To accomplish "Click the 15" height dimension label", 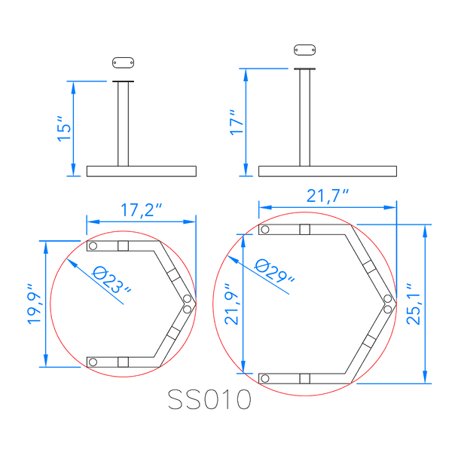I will pyautogui.click(x=64, y=129).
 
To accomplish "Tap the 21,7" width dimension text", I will pyautogui.click(x=328, y=195).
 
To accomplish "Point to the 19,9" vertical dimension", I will pyautogui.click(x=34, y=304).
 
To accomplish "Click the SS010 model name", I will pyautogui.click(x=209, y=399).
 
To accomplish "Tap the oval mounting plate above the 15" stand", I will pyautogui.click(x=124, y=63).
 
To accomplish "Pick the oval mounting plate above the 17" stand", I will pyautogui.click(x=304, y=50).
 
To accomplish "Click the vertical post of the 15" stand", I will pyautogui.click(x=124, y=124).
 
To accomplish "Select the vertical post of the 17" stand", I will pyautogui.click(x=304, y=118).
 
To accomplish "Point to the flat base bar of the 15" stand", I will pyautogui.click(x=142, y=171).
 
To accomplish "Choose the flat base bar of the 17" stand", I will pyautogui.click(x=328, y=171).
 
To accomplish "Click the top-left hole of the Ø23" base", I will pyautogui.click(x=93, y=246).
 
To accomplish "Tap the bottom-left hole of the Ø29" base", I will pyautogui.click(x=265, y=378).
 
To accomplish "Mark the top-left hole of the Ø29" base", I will pyautogui.click(x=265, y=229).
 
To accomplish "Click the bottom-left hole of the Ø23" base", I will pyautogui.click(x=93, y=362).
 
